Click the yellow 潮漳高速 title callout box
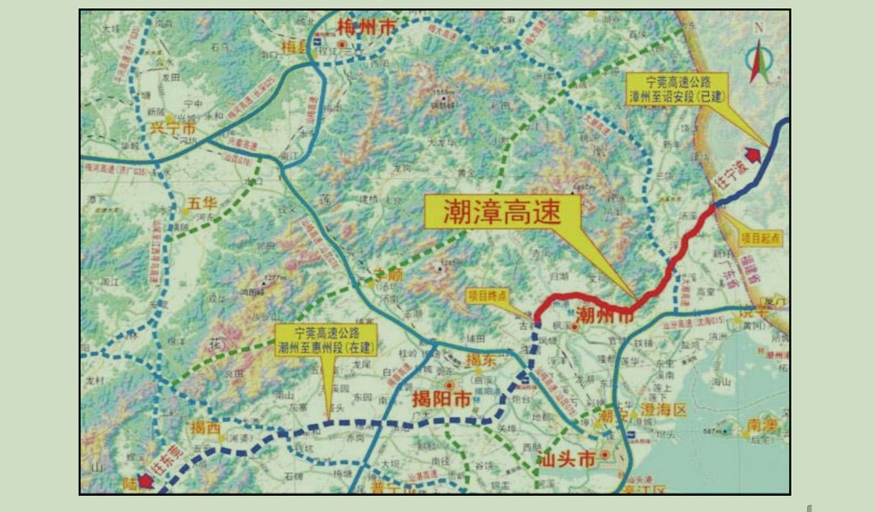point(503,212)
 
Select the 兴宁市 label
point(173,128)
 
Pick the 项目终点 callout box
point(490,297)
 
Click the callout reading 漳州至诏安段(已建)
point(676,88)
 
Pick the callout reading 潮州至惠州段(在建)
point(326,340)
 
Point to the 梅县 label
point(294,49)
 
